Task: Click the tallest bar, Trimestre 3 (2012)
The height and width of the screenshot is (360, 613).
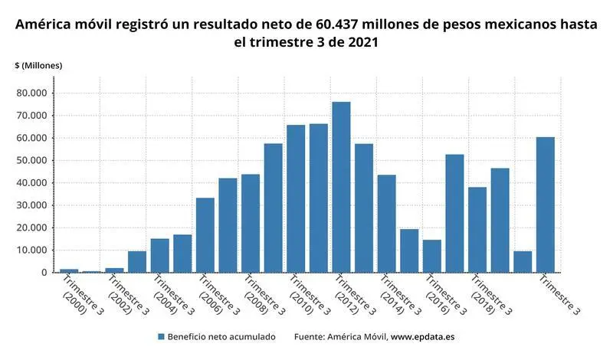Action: (x=341, y=187)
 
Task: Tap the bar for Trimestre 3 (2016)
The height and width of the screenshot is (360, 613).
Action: (x=432, y=256)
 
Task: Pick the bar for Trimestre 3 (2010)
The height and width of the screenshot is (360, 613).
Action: (x=296, y=198)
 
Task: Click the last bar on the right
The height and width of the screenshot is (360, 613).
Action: (x=546, y=205)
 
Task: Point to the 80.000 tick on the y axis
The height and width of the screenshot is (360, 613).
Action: (x=32, y=93)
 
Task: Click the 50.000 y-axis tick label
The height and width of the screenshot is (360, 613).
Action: (x=32, y=161)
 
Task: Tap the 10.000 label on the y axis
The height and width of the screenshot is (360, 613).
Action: (x=32, y=250)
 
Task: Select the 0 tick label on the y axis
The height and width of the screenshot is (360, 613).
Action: (x=44, y=273)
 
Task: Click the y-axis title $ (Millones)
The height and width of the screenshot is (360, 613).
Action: (x=38, y=66)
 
